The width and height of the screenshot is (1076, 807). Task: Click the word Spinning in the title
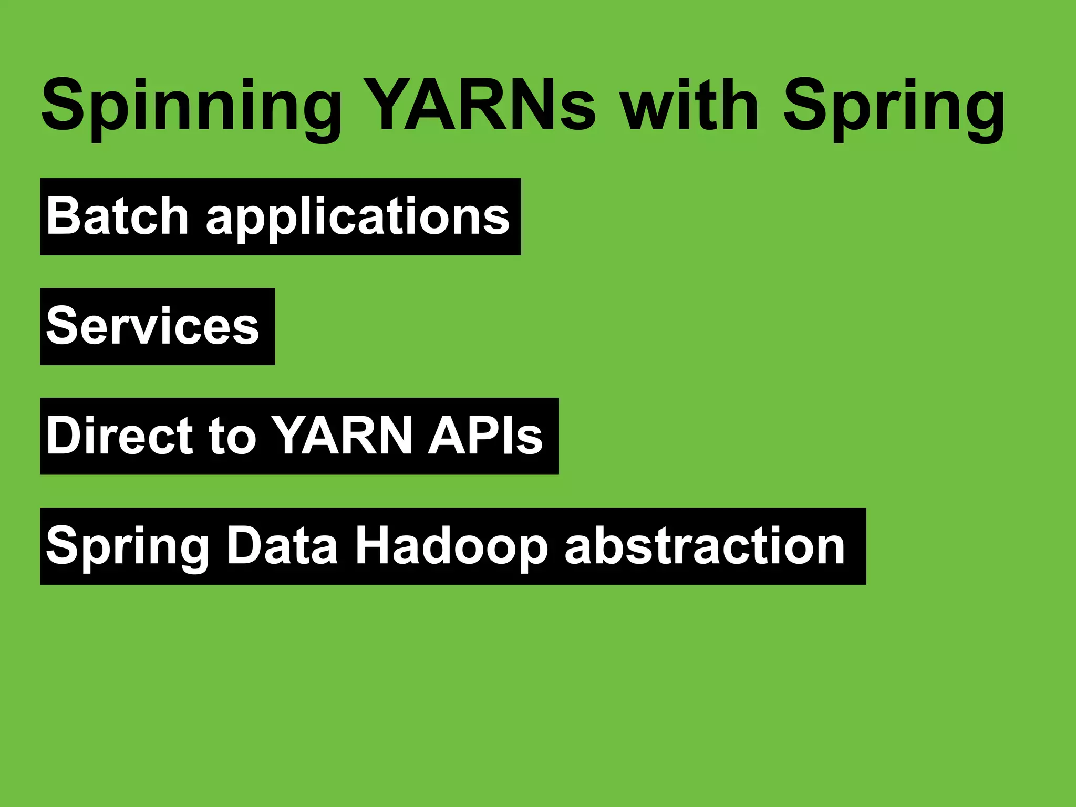pos(191,105)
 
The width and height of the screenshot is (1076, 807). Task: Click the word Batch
pos(117,215)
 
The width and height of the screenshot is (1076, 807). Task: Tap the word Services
pos(153,326)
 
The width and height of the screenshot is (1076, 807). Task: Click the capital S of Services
pos(63,326)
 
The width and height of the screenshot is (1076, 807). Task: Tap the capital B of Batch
pos(64,215)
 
